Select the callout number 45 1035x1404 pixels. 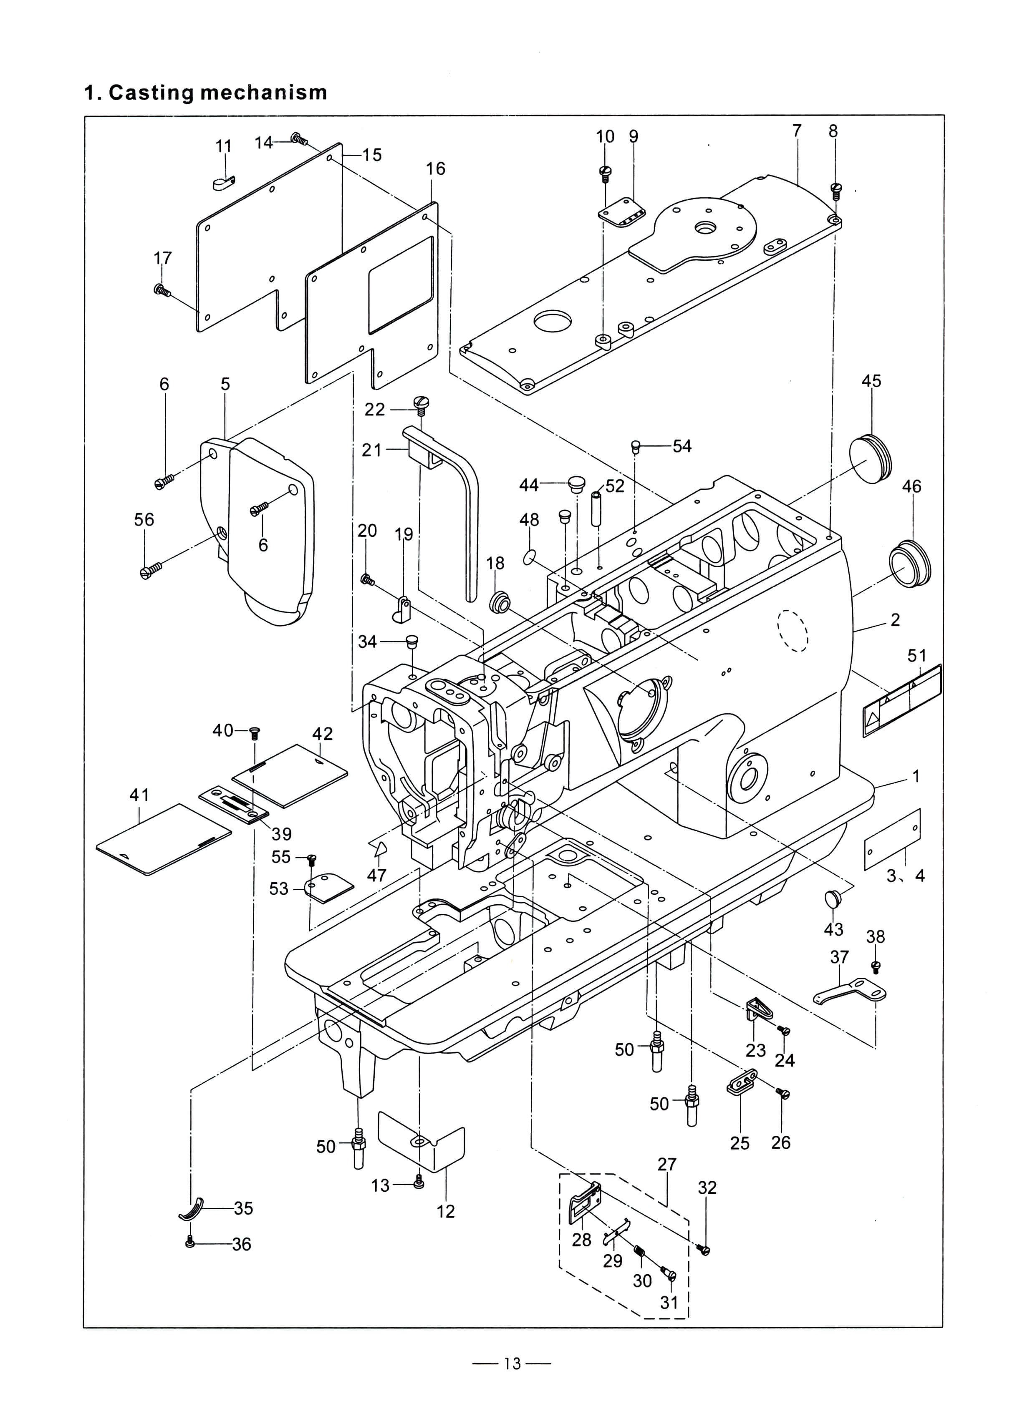point(871,381)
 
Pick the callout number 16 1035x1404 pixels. point(435,169)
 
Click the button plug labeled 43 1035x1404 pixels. point(833,900)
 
